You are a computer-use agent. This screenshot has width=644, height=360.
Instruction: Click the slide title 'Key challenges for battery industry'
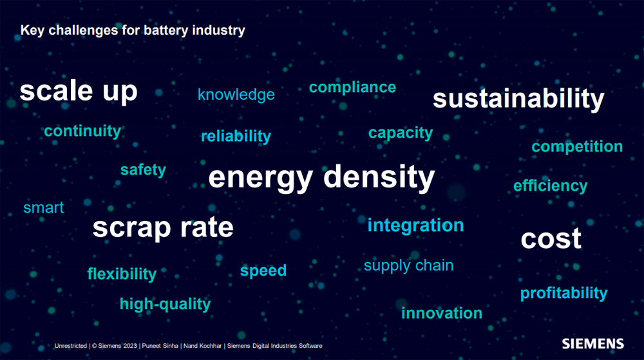133,30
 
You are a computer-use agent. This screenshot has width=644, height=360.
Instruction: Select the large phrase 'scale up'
79,91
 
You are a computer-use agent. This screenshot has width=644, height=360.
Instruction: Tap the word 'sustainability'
518,99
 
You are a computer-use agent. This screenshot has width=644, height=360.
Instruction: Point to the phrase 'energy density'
321,178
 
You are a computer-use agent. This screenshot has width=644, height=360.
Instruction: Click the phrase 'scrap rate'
163,228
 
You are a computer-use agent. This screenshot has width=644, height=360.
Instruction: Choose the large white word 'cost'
551,238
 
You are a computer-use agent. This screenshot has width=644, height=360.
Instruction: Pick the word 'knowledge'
236,95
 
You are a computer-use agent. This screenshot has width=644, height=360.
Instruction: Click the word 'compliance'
352,88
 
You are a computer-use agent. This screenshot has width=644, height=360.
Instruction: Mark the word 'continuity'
82,131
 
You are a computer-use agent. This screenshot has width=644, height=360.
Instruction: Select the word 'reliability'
236,137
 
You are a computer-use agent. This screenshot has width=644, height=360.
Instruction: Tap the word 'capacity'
401,133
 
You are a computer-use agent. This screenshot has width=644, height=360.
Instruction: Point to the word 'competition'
577,147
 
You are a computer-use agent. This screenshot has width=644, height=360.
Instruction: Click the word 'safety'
143,170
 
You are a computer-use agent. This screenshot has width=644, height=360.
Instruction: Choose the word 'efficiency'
551,186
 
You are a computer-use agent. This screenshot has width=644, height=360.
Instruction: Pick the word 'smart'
44,208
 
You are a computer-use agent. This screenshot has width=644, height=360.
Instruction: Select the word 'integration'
415,225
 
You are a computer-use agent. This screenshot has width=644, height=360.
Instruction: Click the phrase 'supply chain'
409,266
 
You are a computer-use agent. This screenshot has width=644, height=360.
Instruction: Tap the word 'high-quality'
165,304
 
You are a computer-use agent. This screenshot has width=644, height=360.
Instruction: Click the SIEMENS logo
592,344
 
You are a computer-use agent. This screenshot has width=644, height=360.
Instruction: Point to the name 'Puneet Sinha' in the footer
160,346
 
